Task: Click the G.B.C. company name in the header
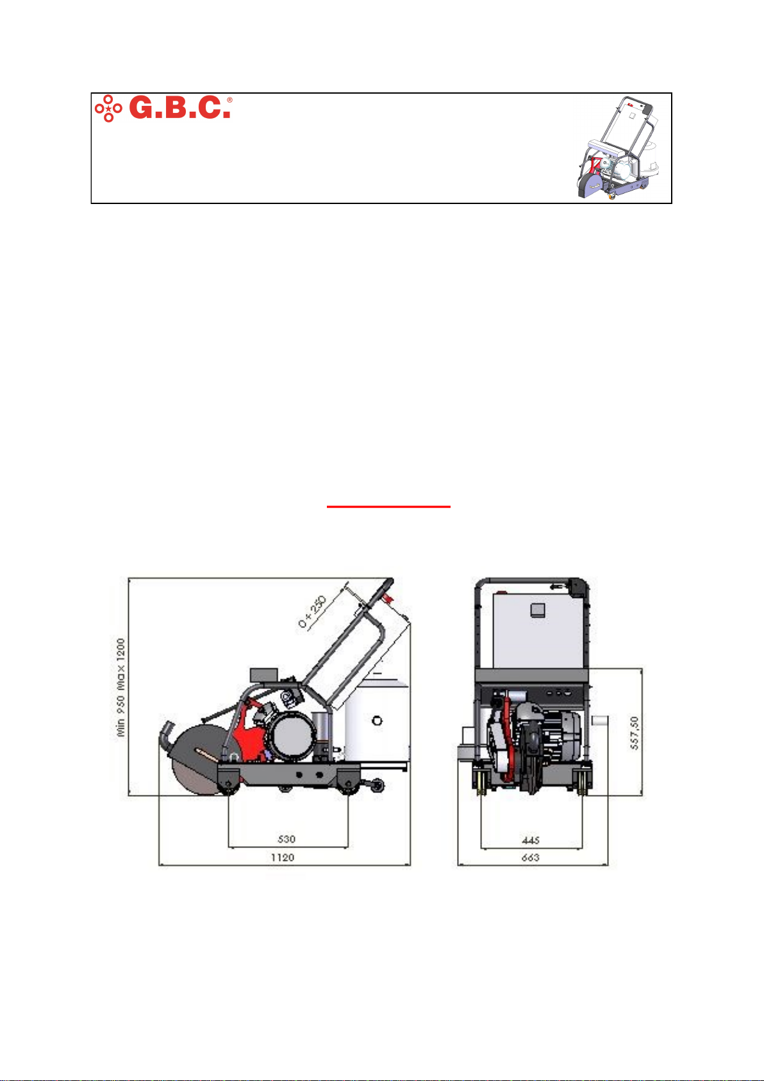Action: [180, 107]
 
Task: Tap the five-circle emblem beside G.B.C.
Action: [108, 108]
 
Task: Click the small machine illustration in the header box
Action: [619, 148]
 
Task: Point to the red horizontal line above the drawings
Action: [388, 507]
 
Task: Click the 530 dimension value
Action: [286, 838]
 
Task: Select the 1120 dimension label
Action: [283, 857]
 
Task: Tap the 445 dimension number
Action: [530, 840]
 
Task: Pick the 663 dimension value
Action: [530, 857]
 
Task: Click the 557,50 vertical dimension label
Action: [635, 733]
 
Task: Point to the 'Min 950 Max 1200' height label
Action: [120, 687]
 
